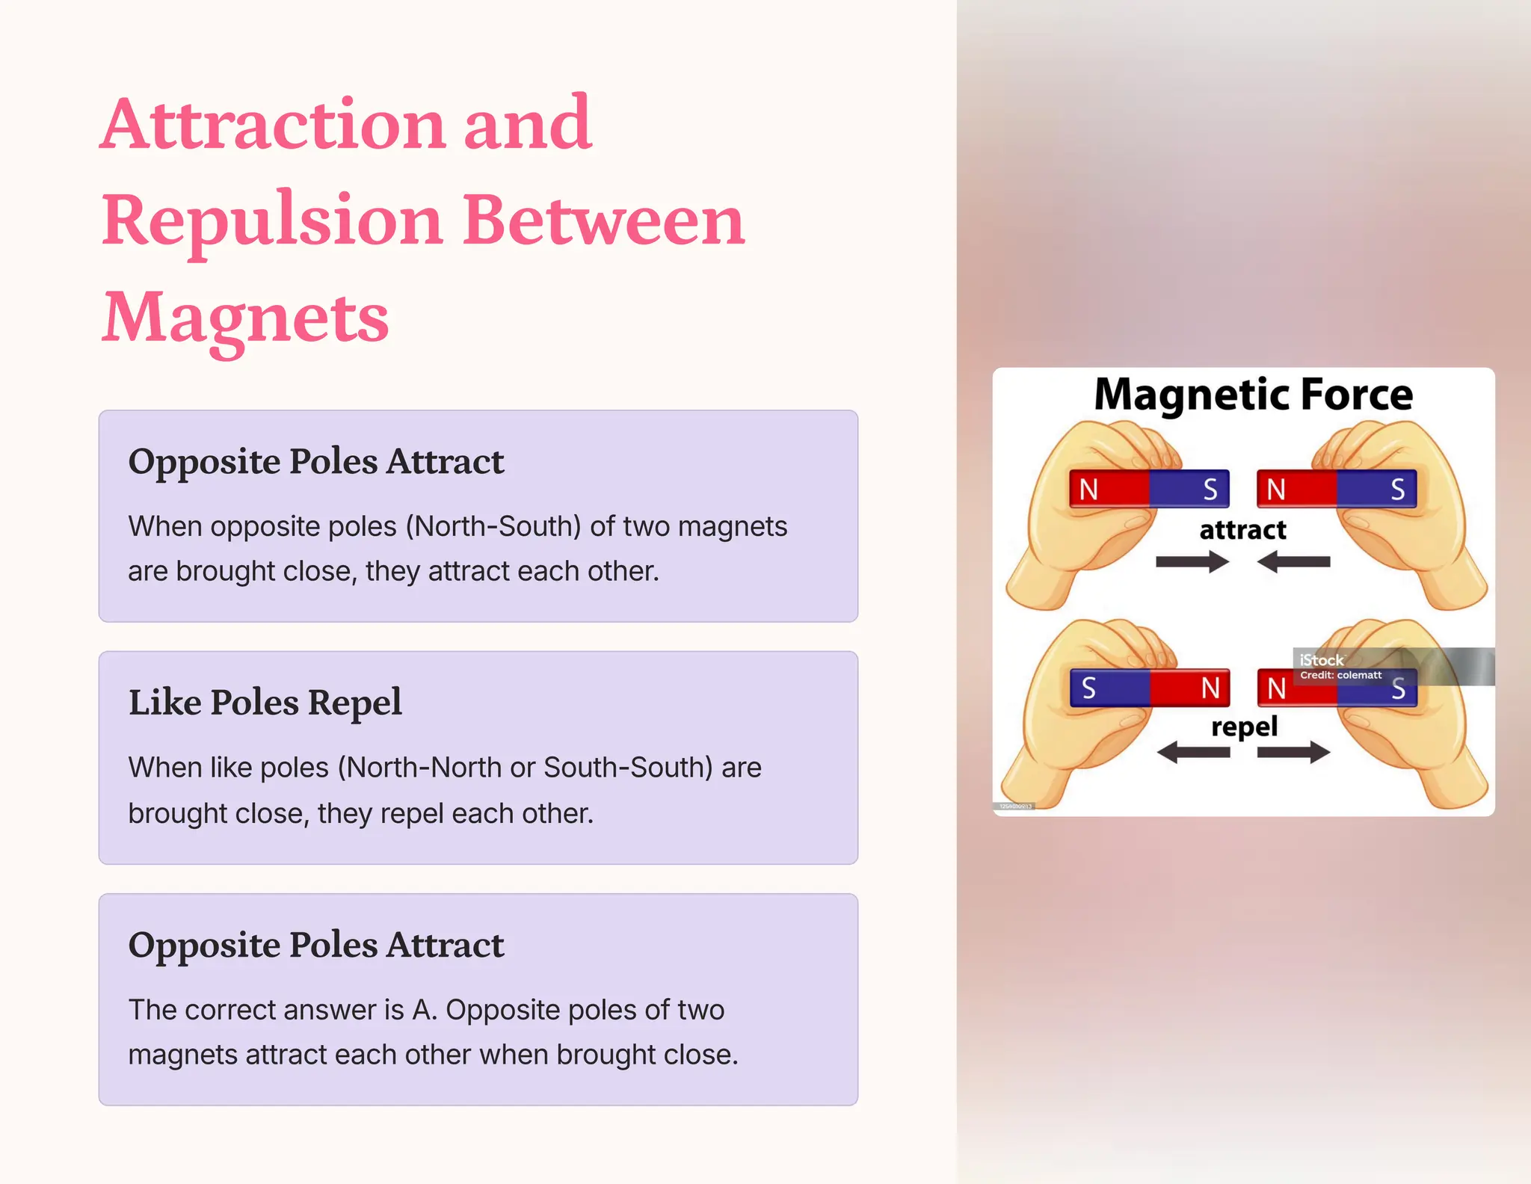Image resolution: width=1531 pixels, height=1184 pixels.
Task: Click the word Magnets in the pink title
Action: pos(245,318)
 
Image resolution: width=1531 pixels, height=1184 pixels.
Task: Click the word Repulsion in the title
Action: pos(273,221)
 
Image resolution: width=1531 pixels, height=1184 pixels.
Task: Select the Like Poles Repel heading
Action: pos(265,703)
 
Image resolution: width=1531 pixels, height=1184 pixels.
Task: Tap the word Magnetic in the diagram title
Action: pos(1192,395)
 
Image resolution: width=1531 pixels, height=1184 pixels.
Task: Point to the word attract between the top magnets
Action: pos(1242,530)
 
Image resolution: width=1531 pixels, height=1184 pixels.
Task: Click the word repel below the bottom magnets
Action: pos(1244,727)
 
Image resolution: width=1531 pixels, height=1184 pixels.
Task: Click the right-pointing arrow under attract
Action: pos(1192,561)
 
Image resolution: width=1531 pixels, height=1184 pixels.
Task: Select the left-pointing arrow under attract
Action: pos(1293,561)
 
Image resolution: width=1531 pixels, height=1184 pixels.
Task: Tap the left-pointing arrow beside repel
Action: pos(1193,752)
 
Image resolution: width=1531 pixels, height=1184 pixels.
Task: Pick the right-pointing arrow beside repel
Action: pos(1294,752)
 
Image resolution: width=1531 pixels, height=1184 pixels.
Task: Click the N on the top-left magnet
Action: pos(1088,490)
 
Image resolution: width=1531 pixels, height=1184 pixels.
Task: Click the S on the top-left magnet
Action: pos(1210,490)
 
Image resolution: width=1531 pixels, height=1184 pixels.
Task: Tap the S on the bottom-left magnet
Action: pos(1088,688)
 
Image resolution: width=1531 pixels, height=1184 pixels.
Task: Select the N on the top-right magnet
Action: pos(1276,490)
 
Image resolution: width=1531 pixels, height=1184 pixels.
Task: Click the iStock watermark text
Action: pos(1321,660)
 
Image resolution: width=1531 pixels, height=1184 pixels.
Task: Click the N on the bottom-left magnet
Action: pos(1210,688)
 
